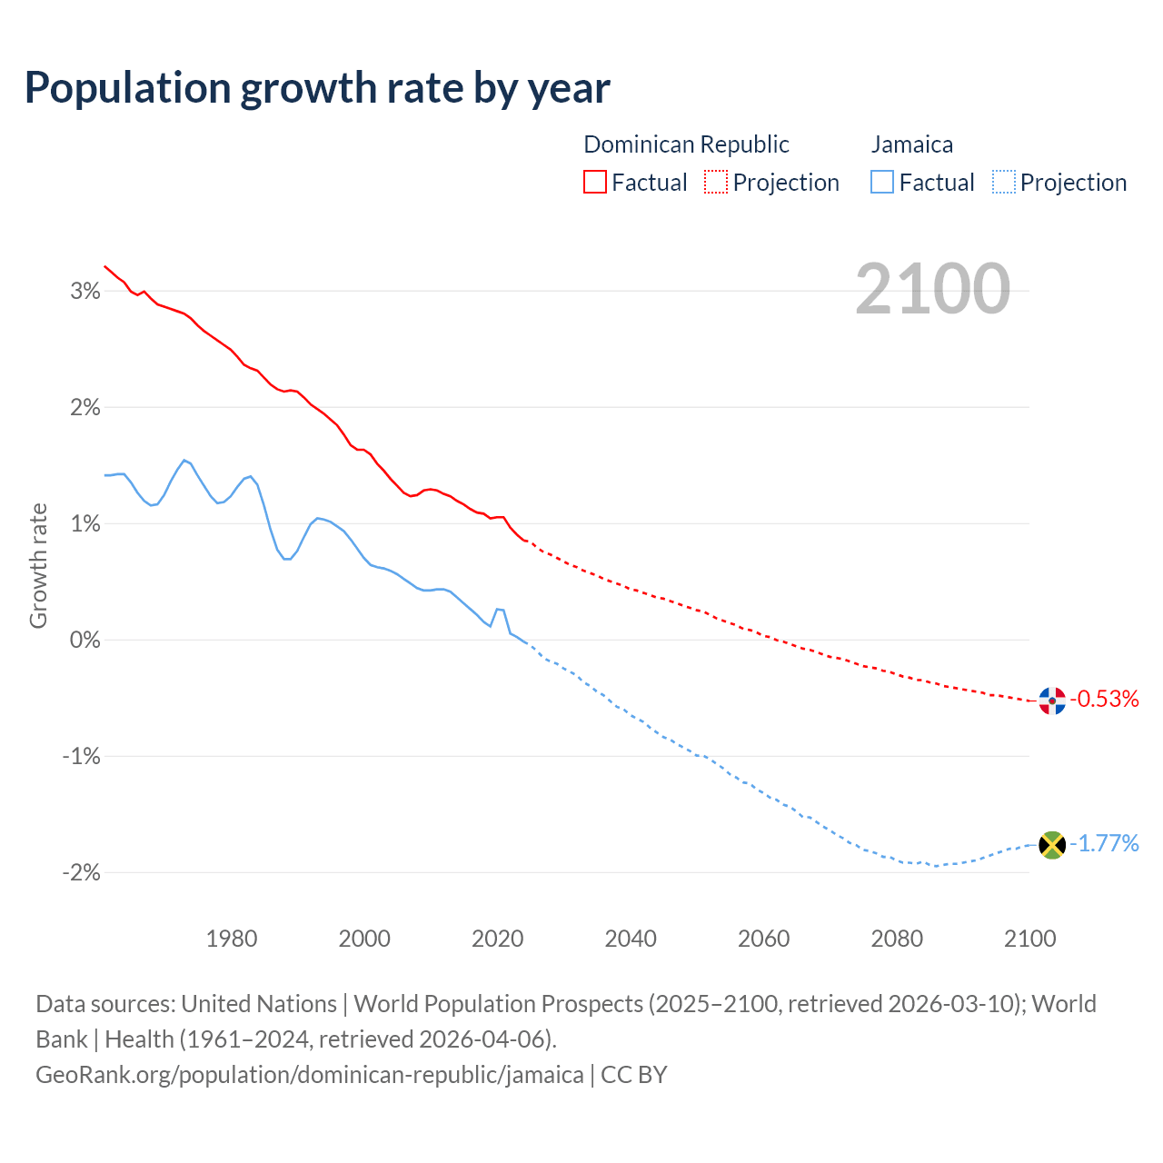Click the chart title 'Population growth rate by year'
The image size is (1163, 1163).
[x=317, y=88]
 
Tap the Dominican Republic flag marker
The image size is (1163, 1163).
[x=1052, y=701]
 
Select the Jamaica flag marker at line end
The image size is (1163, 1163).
[x=1052, y=845]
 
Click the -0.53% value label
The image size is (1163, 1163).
[x=1104, y=699]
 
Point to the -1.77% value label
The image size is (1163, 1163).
[x=1104, y=844]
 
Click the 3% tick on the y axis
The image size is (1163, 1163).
[x=85, y=291]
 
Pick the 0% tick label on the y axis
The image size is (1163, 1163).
[x=85, y=640]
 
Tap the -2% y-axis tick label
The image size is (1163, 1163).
[x=81, y=872]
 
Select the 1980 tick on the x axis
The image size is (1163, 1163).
[x=232, y=939]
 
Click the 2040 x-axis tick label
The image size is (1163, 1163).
[x=631, y=939]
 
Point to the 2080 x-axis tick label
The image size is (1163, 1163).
[x=897, y=939]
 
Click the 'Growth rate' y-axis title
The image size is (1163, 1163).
[x=38, y=565]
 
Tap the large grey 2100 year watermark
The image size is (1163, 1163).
[x=932, y=289]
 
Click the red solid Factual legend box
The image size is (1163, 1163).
[x=595, y=182]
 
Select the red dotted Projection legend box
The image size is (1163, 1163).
[x=716, y=182]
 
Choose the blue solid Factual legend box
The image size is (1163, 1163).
[x=882, y=182]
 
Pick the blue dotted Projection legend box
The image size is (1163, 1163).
[x=1003, y=182]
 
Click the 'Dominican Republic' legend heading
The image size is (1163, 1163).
[x=686, y=144]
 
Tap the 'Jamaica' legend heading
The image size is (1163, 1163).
[x=912, y=144]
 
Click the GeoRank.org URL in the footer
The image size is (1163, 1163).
[x=310, y=1075]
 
